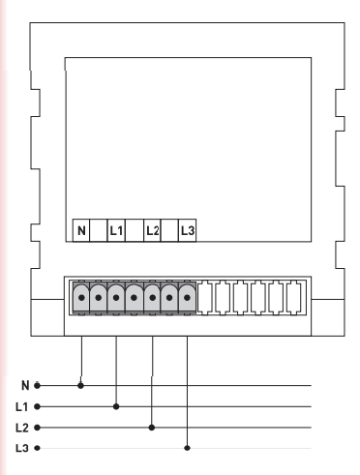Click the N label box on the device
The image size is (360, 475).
coord(81,230)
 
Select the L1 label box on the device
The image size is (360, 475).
coord(116,230)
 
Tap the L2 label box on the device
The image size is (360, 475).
coord(152,230)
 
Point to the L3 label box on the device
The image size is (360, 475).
coord(188,230)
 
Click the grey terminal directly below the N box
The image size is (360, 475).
coord(81,298)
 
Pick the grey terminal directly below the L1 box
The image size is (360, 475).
coord(116,298)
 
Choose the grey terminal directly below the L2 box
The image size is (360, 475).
coord(152,298)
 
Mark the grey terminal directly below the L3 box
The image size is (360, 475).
coord(187,298)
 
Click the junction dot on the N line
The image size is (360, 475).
coord(80,385)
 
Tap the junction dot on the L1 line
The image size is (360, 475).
coord(116,406)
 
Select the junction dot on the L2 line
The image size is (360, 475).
coord(152,428)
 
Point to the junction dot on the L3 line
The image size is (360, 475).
coord(187,448)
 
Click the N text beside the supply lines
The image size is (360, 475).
coord(25,385)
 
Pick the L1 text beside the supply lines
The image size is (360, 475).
coord(22,407)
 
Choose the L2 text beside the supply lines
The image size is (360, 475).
coord(22,428)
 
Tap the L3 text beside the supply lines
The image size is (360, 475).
coord(22,448)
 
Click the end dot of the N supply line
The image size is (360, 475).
coord(37,385)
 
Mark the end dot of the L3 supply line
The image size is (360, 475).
coord(37,448)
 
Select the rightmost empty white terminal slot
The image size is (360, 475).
coord(294,298)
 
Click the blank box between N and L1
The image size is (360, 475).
coord(99,230)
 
